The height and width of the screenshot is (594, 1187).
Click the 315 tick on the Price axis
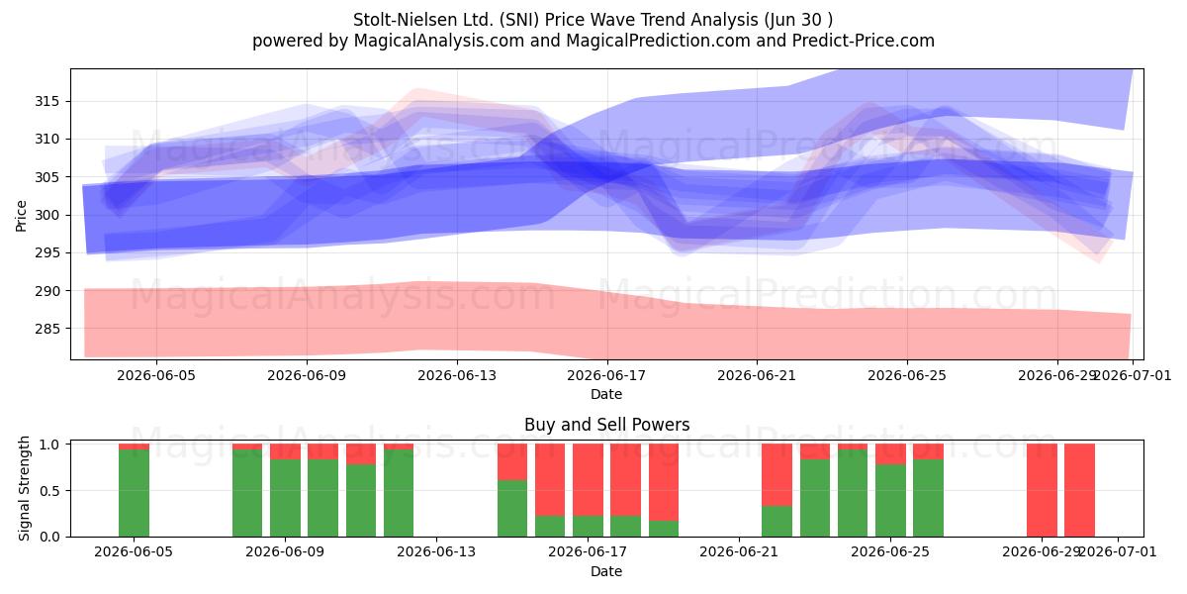46,101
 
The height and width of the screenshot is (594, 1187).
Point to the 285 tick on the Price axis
46,329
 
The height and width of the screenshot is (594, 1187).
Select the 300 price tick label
46,216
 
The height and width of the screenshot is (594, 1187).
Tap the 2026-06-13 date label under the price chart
457,376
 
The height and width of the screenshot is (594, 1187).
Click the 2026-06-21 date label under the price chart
757,376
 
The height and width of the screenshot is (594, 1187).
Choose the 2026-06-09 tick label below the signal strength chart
285,552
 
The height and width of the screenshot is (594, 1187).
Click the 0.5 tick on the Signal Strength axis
49,491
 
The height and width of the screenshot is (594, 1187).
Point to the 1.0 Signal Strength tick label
49,445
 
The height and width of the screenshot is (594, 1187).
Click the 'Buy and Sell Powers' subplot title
606,425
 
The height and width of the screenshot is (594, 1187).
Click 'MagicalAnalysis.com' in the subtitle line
439,41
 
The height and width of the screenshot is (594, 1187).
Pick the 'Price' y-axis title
21,216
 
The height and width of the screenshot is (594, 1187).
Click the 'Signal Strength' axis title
24,488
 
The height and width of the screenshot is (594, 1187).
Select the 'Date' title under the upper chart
606,395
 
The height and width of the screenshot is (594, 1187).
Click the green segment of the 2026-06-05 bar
134,493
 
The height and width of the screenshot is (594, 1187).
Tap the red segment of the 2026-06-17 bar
588,480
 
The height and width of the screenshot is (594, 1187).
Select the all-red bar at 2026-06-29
1042,491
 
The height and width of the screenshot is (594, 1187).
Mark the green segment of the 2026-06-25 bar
890,501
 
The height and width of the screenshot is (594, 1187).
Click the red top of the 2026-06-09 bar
285,451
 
